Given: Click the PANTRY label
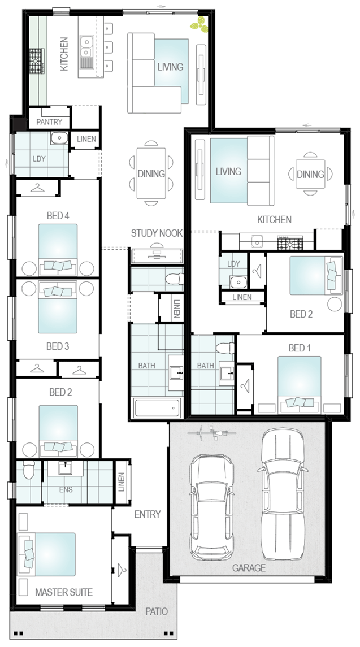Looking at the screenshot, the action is pos(49,122).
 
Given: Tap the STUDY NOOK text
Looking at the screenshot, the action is pos(157,233).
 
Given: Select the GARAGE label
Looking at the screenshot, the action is pos(249,568).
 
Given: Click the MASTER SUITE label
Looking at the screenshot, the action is pos(63,592).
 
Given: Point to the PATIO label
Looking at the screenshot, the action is pos(157,611).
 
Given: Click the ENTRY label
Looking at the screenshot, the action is pos(148,514).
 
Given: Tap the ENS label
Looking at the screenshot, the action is pos(66,489).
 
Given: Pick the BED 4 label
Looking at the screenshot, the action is pos(58,215).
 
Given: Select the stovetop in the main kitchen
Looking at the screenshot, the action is pos(36,61).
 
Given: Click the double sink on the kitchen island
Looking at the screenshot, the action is pos(86,47).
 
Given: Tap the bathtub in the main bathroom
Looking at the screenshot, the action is pos(157,408).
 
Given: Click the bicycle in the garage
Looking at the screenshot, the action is pos(211,432).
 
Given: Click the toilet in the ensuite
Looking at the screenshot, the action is pos(28,470).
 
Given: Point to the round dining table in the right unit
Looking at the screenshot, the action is pos(310,173).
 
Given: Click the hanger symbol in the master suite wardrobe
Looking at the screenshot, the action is pos(122,570).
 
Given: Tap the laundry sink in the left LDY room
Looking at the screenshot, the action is pos(60,138).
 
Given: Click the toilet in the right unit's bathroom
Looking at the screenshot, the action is pos(225,349).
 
